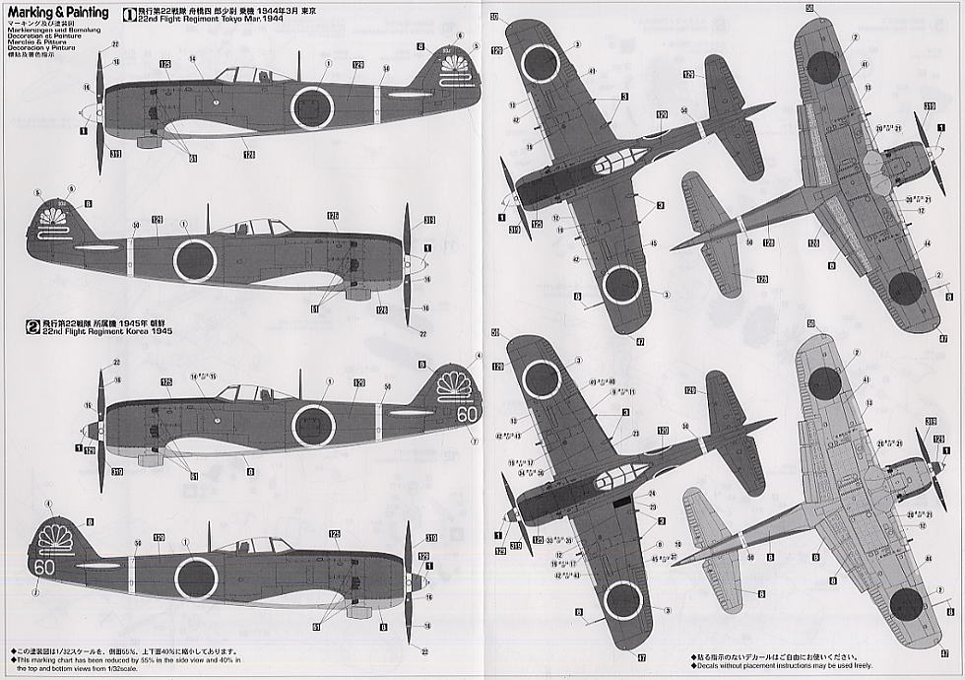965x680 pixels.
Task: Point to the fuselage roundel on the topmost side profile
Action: pyautogui.click(x=312, y=106)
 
